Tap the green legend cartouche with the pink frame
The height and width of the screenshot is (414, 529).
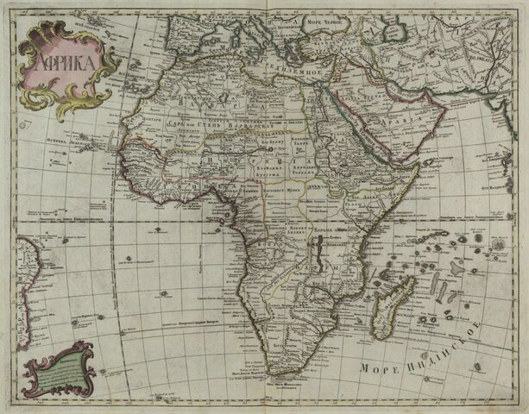[57, 367]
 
